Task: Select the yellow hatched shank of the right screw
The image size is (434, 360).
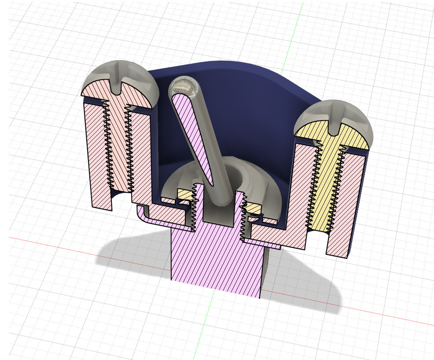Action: click(x=328, y=185)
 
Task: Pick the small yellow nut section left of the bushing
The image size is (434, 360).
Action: click(x=184, y=194)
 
